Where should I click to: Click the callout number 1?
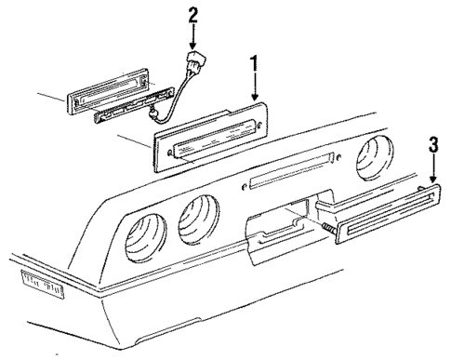(x=253, y=68)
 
